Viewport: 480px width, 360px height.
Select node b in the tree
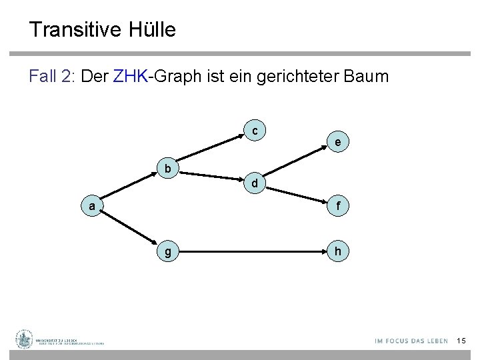(168, 169)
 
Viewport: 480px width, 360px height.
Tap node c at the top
(255, 130)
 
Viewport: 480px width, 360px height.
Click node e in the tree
(339, 142)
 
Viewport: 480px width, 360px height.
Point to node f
(339, 207)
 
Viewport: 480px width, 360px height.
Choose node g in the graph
(168, 252)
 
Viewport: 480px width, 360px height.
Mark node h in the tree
(339, 252)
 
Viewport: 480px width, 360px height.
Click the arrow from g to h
(253, 252)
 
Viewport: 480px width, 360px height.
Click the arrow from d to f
(297, 195)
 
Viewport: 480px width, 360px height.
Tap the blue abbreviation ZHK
(131, 76)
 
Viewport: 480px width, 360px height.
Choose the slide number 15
(461, 341)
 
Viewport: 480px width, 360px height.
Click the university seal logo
(25, 339)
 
